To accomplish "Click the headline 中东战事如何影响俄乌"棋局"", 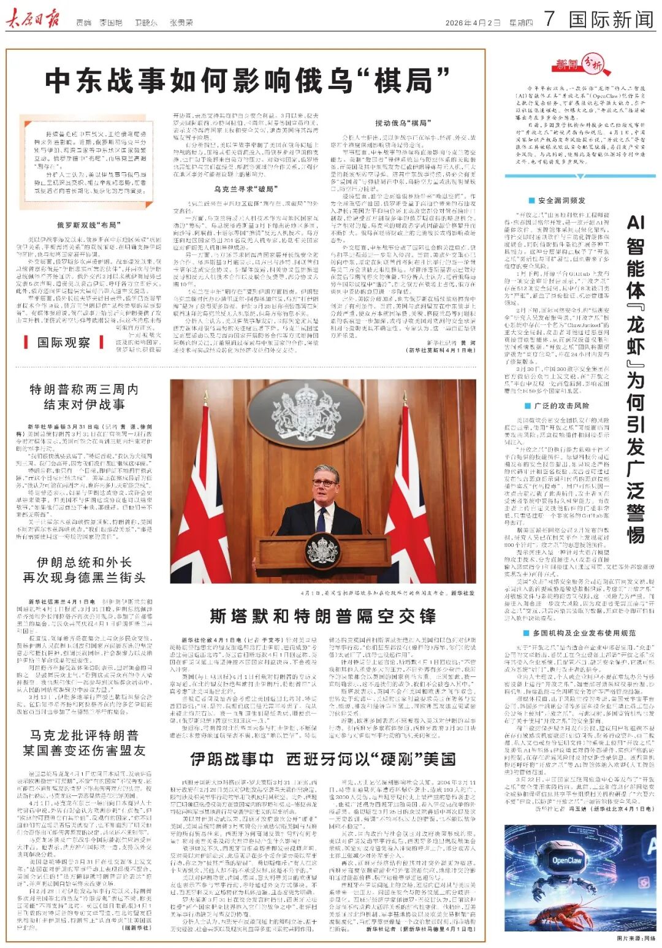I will coord(248,80).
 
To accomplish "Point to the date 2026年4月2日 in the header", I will coord(473,23).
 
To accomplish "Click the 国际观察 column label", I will coord(63,342).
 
